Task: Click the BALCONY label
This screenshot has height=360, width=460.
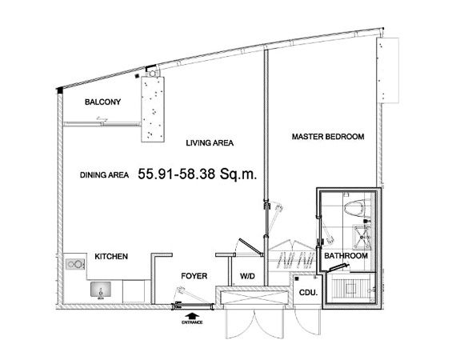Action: pos(102,102)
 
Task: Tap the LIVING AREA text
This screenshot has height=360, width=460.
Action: pos(210,143)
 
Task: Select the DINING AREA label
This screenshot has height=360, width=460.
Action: pos(104,175)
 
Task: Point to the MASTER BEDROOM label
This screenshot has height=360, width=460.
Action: pos(328,137)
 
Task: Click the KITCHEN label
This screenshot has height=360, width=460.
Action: pos(111,257)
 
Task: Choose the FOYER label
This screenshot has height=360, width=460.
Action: pos(194,276)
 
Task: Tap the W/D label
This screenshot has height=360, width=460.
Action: pos(248,276)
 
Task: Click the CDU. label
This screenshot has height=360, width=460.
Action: pos(308,293)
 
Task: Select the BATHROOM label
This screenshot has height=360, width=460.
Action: pos(346,256)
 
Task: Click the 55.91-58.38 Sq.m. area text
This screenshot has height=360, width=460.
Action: pos(198,174)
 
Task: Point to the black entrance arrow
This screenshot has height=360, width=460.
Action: pos(192,316)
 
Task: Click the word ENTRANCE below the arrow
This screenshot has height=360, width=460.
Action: pos(192,322)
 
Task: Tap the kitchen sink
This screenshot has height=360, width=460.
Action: pos(101,289)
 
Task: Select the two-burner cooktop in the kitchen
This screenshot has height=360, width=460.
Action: pos(75,264)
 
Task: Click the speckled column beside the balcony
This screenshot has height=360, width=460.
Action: pos(153,110)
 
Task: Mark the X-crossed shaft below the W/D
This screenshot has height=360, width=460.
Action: pos(254,297)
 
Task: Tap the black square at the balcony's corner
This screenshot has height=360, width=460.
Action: pos(59,90)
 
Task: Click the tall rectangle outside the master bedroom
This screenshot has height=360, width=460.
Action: pos(387,70)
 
